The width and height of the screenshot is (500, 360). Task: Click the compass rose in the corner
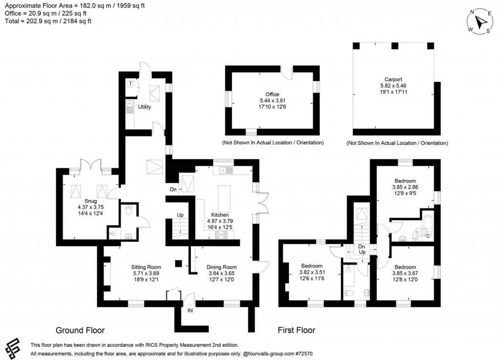480,22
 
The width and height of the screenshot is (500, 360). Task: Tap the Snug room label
90,200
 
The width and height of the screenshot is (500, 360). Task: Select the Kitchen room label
220,215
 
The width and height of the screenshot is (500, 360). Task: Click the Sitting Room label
146,267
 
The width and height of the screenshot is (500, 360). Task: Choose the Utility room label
144,106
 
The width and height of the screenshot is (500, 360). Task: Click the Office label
271,94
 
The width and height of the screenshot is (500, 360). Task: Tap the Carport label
393,79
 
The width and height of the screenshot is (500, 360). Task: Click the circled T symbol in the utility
130,84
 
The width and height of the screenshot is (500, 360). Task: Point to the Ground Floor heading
80,330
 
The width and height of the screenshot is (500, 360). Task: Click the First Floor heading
296,330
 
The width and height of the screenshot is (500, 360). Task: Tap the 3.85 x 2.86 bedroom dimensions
405,187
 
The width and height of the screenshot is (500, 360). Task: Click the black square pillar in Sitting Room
179,263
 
